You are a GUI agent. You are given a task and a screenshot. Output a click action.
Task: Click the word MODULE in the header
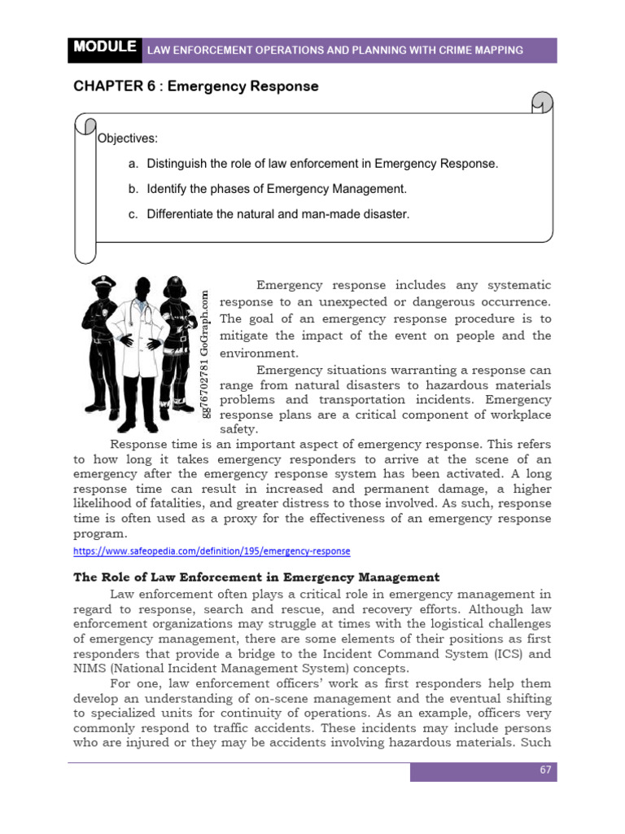[x=105, y=48]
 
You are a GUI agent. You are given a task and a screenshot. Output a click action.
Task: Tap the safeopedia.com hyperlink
[x=212, y=551]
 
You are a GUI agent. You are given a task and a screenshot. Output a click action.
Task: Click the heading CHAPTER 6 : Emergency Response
[x=196, y=86]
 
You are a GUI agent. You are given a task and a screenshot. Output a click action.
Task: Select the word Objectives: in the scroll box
[x=128, y=138]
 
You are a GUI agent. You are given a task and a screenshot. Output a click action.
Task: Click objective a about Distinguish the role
[x=313, y=164]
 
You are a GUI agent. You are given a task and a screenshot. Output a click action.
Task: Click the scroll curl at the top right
[x=540, y=103]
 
